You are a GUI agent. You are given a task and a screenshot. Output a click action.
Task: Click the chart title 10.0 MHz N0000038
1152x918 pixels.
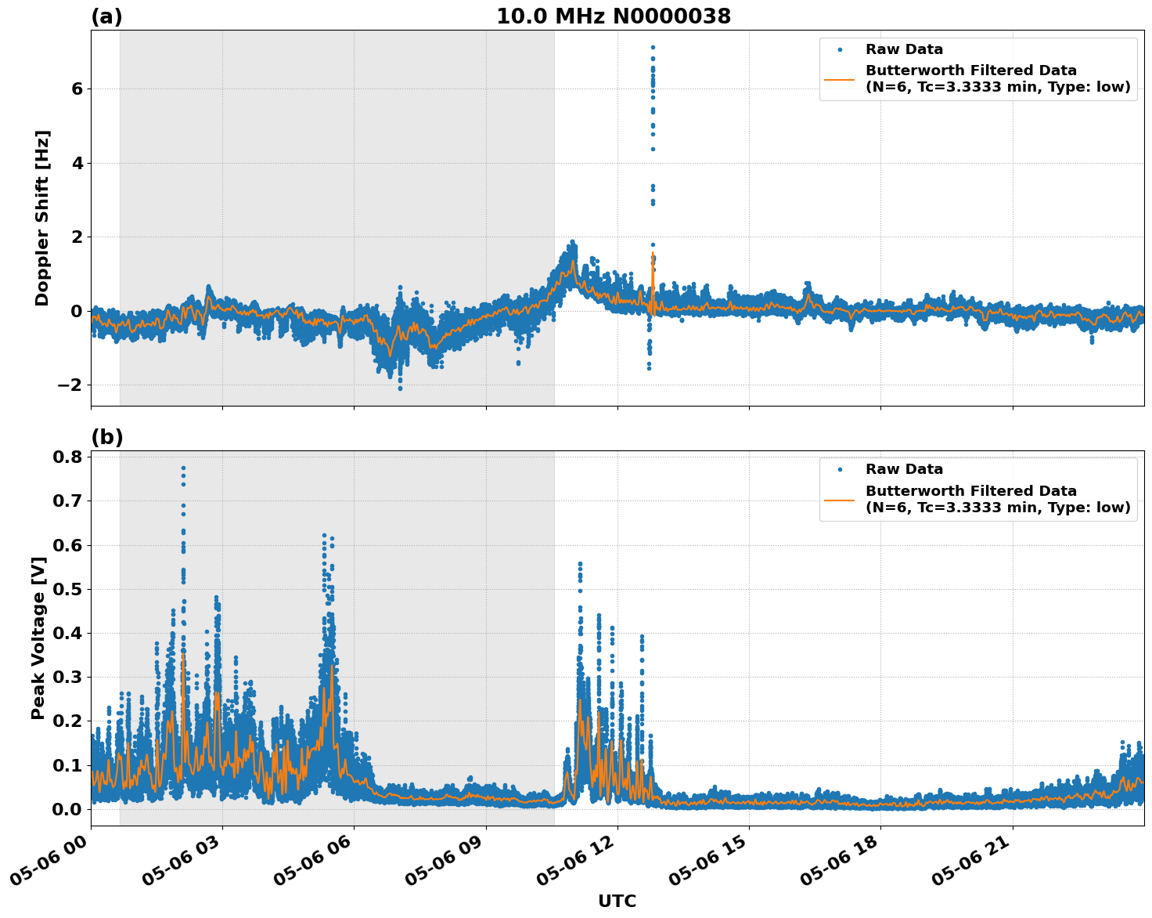coord(613,16)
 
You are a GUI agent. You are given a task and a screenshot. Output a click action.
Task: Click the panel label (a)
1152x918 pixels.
coord(106,16)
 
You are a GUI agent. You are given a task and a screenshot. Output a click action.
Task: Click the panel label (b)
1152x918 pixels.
coord(106,437)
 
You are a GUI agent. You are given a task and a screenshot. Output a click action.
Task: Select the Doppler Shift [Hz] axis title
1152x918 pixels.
coord(42,218)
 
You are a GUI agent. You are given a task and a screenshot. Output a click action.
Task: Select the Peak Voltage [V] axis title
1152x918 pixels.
coord(38,638)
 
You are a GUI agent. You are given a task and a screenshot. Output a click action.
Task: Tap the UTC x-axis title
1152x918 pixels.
coord(617,901)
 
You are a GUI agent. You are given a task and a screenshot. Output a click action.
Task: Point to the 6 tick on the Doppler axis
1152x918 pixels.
coord(77,89)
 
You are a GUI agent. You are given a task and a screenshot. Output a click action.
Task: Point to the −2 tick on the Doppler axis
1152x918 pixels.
coord(70,385)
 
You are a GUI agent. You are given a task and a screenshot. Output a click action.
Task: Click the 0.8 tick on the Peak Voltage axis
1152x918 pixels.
coord(67,457)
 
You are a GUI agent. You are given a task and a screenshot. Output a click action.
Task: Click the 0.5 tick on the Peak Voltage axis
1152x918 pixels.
coord(67,589)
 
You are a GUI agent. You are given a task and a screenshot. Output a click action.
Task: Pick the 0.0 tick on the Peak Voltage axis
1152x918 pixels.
coord(67,809)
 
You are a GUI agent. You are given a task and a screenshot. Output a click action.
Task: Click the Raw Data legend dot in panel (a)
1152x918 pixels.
coord(840,50)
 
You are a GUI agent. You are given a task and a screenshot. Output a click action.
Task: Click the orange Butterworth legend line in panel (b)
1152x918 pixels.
coord(840,500)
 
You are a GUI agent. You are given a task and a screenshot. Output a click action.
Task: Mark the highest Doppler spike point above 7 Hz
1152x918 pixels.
coord(653,47)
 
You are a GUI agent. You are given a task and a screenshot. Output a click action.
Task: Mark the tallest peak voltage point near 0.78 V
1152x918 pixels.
coord(183,468)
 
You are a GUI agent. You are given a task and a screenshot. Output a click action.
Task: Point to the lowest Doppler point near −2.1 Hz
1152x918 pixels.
coord(400,389)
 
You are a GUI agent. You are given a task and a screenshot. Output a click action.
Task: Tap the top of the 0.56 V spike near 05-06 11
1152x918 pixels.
coord(580,563)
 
